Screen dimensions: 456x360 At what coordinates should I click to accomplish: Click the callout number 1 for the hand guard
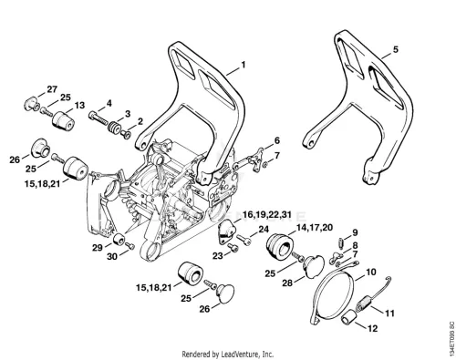(x=243, y=65)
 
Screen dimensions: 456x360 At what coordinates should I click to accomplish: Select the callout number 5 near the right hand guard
(x=395, y=49)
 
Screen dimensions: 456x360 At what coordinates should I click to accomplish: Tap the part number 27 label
(x=52, y=89)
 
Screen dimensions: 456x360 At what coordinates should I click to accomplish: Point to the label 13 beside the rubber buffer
(x=79, y=106)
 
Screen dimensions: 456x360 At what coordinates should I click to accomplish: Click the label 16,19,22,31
(x=267, y=215)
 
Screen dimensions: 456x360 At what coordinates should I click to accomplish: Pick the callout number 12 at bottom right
(x=372, y=328)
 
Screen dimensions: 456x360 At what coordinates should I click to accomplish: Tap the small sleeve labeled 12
(x=347, y=317)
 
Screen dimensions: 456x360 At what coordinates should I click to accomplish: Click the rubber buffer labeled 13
(x=63, y=121)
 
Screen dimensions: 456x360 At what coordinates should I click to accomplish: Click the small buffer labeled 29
(x=119, y=239)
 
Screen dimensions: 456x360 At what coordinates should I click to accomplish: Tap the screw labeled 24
(x=244, y=239)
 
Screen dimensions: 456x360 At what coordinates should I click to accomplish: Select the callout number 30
(x=112, y=257)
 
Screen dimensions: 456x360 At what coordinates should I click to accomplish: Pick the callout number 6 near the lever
(x=276, y=140)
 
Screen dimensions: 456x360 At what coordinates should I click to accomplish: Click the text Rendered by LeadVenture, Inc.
(x=228, y=355)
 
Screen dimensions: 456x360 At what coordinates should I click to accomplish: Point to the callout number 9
(x=355, y=232)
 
